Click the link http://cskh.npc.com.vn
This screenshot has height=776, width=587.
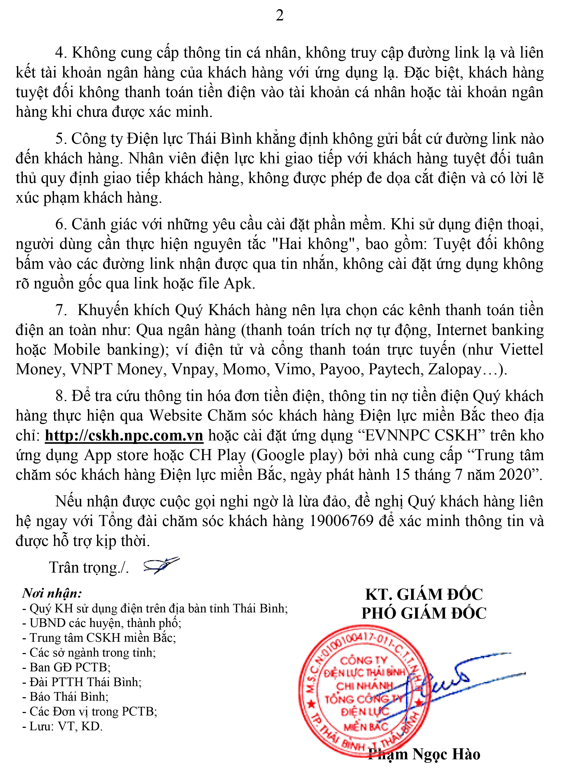[x=124, y=435]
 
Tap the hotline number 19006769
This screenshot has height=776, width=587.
[x=341, y=521]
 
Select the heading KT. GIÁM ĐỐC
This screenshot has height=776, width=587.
[x=424, y=595]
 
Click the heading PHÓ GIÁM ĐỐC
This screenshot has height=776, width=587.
[x=424, y=613]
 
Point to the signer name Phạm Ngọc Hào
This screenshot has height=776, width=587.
[x=424, y=754]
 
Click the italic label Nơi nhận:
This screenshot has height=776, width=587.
[x=52, y=593]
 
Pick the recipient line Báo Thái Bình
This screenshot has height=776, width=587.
[x=66, y=696]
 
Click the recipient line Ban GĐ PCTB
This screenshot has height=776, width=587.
[x=67, y=667]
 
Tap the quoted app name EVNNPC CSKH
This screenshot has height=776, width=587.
[x=421, y=435]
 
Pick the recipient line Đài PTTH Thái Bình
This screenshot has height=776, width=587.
[x=82, y=682]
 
